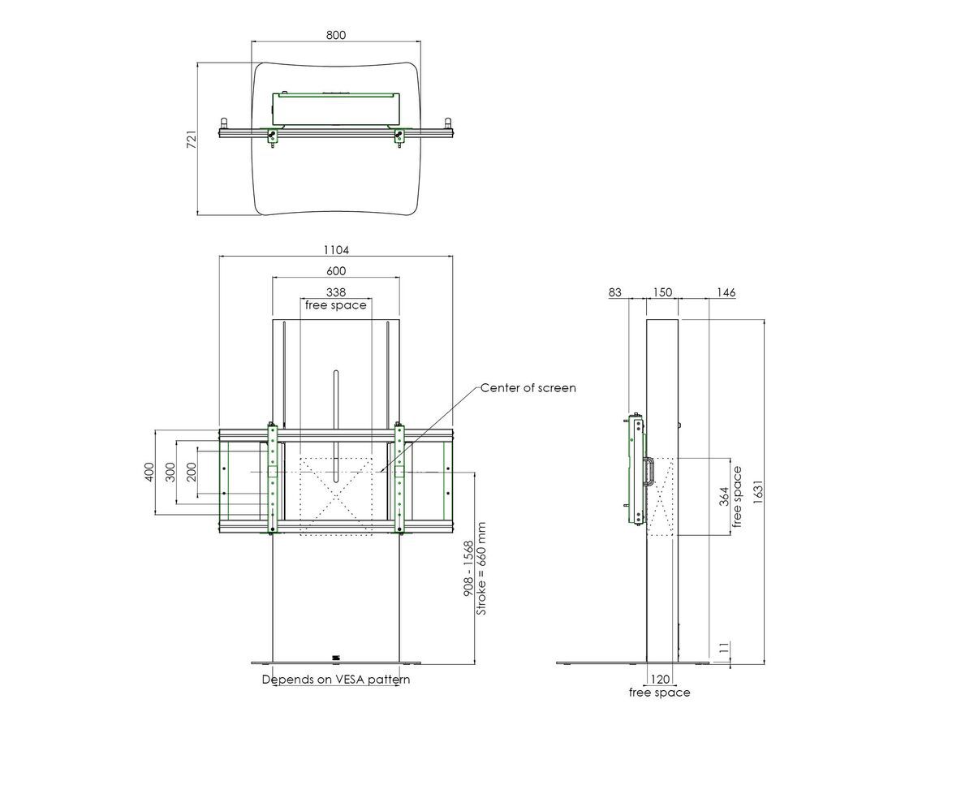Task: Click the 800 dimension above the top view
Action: [x=335, y=35]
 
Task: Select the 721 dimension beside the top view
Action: [x=191, y=140]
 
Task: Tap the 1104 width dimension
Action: [x=335, y=251]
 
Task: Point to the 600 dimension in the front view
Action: [x=335, y=271]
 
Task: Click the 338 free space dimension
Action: [x=335, y=291]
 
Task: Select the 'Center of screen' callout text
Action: [x=528, y=388]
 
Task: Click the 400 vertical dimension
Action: [x=149, y=472]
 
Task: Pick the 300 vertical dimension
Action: [x=170, y=472]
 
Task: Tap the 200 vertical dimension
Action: [x=191, y=472]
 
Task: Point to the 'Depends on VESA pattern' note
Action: [x=335, y=680]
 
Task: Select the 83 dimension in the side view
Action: [x=614, y=292]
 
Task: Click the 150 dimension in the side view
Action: [x=662, y=292]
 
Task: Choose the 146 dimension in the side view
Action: [x=726, y=292]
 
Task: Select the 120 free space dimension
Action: [x=659, y=679]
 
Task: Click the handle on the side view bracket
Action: [x=649, y=472]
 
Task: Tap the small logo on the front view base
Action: [x=335, y=658]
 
